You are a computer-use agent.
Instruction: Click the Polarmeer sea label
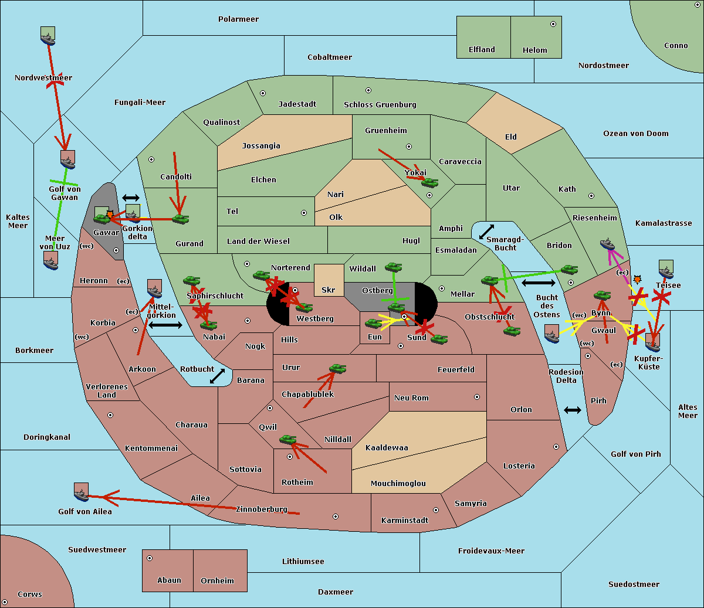point(238,19)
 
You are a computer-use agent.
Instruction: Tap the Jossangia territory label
point(261,146)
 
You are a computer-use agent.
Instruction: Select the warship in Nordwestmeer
point(48,36)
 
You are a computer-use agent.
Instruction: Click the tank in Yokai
point(429,183)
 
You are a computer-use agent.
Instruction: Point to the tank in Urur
point(337,368)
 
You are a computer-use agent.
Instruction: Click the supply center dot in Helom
point(553,24)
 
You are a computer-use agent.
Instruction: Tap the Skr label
point(329,290)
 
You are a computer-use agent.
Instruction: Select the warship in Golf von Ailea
point(82,492)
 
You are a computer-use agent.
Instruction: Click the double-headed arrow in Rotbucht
point(217,376)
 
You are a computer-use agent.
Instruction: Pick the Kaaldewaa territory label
point(387,448)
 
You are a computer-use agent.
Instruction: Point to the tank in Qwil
point(288,439)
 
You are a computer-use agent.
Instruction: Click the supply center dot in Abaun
point(150,558)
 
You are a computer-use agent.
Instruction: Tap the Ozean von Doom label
point(635,134)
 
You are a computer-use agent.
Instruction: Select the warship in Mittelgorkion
point(155,288)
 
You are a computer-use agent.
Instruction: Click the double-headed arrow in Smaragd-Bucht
point(486,232)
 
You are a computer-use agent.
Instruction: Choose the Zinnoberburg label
point(262,510)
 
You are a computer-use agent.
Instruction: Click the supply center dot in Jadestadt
point(263,93)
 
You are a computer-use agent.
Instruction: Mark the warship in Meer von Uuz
point(51,260)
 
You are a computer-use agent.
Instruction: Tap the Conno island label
point(676,46)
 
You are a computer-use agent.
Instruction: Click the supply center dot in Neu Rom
point(477,397)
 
